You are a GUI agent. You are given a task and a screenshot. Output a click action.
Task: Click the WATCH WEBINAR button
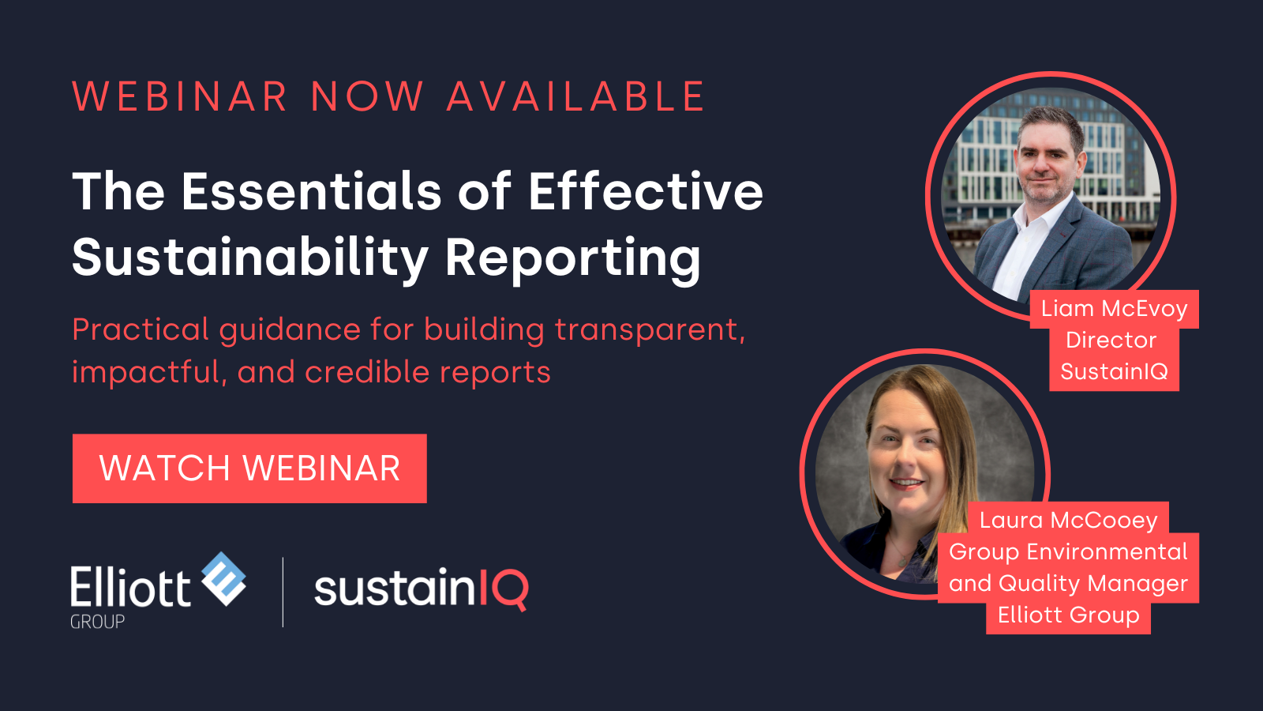point(249,468)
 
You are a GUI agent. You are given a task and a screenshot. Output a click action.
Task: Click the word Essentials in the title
point(311,191)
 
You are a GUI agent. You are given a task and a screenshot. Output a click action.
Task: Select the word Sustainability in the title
point(249,258)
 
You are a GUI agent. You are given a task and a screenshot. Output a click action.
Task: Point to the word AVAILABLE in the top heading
point(575,96)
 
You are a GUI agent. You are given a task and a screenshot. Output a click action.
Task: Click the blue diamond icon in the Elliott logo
point(224,579)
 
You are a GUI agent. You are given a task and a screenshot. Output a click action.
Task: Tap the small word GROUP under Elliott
point(97,622)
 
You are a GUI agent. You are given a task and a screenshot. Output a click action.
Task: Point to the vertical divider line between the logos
point(283,592)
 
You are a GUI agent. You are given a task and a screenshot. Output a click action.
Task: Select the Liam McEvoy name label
point(1114,309)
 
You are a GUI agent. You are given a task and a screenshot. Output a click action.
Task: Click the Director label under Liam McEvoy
point(1111,340)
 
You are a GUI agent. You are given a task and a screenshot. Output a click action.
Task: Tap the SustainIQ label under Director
point(1114,371)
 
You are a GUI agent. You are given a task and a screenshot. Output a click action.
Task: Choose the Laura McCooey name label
point(1068,520)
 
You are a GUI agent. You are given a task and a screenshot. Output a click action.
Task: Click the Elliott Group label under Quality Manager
point(1068,615)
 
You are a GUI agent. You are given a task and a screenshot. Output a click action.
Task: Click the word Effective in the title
point(645,191)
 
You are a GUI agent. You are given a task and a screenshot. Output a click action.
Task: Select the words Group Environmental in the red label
point(1068,552)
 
